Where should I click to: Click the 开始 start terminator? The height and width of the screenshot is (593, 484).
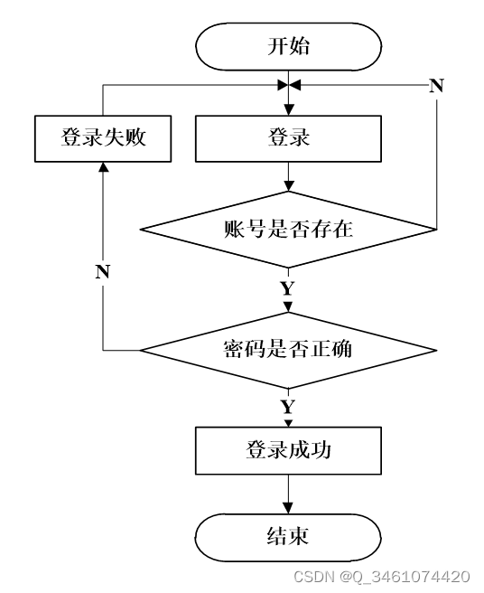(288, 46)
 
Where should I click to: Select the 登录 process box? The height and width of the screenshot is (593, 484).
(288, 138)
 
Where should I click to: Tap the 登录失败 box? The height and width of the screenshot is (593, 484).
(103, 138)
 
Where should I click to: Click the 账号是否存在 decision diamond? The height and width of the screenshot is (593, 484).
(288, 230)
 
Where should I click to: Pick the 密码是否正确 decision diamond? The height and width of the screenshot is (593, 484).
(288, 350)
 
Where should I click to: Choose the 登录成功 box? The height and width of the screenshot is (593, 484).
(288, 450)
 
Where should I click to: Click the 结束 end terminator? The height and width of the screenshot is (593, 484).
(288, 537)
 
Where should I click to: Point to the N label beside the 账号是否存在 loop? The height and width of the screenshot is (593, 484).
(436, 86)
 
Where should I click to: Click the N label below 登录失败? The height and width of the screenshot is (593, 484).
(103, 271)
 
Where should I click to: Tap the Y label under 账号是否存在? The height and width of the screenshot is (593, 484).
(288, 288)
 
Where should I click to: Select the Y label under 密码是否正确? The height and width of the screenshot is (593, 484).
(288, 407)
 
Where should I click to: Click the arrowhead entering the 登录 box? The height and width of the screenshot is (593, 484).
(289, 110)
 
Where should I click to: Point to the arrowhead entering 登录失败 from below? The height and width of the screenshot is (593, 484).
(103, 167)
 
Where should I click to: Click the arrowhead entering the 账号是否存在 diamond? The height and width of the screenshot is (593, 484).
(289, 185)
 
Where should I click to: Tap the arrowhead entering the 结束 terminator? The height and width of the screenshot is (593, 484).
(288, 508)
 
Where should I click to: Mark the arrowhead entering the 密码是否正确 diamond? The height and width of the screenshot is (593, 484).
(288, 307)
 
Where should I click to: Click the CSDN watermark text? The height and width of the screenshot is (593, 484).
(382, 577)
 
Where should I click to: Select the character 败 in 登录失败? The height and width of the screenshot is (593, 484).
(135, 136)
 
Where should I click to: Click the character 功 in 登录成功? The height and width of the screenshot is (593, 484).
(321, 450)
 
